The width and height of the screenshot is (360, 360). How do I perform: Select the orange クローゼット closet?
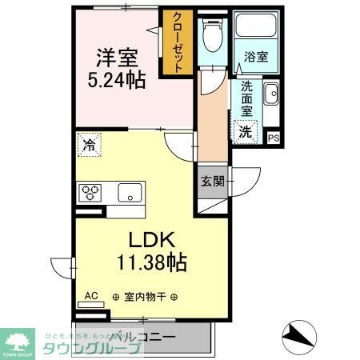tap(178, 45)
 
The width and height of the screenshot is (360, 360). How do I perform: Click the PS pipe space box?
tap(274, 138)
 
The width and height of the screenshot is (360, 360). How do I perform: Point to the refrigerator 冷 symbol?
tap(88, 146)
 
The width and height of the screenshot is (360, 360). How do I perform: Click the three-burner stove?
tap(90, 193)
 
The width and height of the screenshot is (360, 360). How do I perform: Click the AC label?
tap(92, 296)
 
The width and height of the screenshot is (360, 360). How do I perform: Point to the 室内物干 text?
tap(145, 297)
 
